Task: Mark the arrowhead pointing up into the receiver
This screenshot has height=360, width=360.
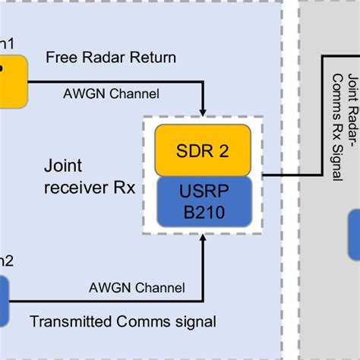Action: tap(204, 238)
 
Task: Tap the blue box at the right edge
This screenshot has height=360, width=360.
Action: tap(354, 235)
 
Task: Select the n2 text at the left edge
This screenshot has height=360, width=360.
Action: tap(6, 261)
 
